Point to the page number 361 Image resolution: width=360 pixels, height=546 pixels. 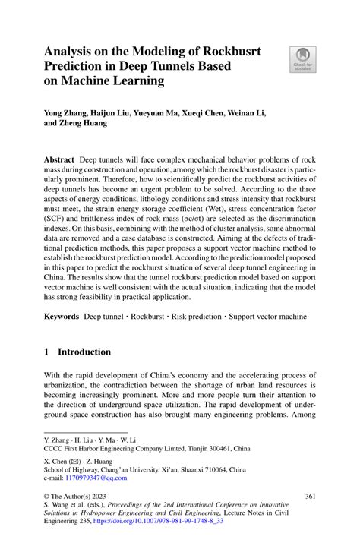(x=309, y=497)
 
